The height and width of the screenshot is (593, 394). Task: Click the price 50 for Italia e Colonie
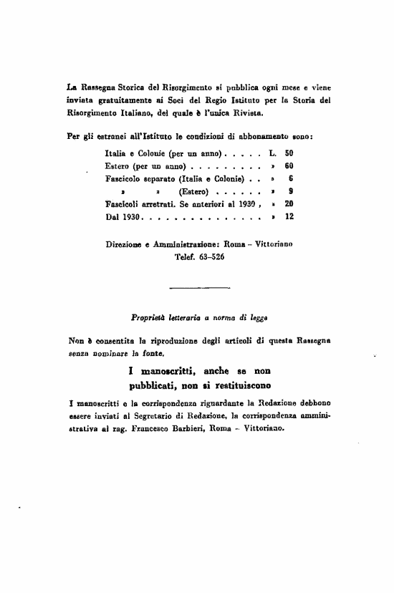pos(289,153)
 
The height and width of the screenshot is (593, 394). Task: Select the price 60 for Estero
pos(289,166)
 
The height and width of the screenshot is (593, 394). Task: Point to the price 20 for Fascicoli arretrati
pos(289,204)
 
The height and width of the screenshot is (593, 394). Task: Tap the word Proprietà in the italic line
pos(148,317)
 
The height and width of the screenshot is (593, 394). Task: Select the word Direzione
pos(122,244)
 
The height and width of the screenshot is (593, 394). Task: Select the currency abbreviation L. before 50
pos(272,153)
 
